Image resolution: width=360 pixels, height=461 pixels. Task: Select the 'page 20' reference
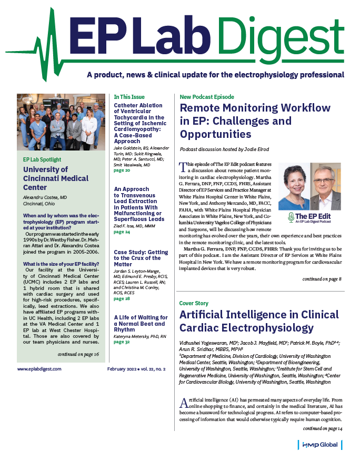tap(122, 171)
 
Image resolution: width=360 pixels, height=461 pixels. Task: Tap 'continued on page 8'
tap(322, 278)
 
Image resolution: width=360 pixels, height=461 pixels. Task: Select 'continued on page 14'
tap(322, 429)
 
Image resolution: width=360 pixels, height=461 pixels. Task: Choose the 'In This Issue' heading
tap(131, 97)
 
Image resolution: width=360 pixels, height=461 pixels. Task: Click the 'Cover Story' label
tap(194, 304)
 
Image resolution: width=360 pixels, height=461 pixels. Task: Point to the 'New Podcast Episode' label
tap(207, 97)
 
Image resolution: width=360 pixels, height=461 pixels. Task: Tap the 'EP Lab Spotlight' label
tap(42, 159)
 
